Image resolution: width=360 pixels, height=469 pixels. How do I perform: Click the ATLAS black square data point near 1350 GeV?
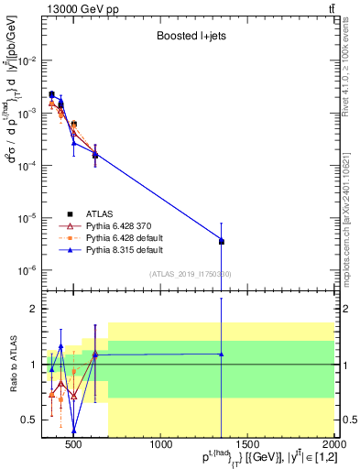pyautogui.click(x=222, y=242)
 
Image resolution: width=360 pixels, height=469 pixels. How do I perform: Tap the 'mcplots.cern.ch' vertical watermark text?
pyautogui.click(x=353, y=229)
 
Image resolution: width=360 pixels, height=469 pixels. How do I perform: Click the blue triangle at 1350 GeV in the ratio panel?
pyautogui.click(x=222, y=354)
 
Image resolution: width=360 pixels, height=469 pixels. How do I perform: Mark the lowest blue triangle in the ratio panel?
pyautogui.click(x=74, y=431)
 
